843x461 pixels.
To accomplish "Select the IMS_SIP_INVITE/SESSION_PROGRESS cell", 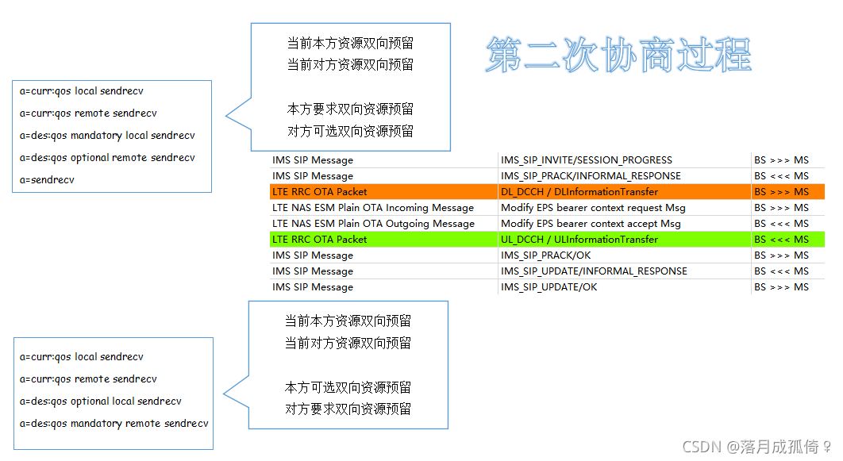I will (586, 160).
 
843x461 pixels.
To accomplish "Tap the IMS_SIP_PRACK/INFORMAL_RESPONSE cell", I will (591, 176).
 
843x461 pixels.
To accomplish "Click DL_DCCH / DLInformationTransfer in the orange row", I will (579, 192).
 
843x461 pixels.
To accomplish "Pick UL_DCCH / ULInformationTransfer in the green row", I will (579, 240).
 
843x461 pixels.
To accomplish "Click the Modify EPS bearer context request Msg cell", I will (592, 208).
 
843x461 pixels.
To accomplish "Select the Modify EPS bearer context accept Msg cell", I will (591, 224).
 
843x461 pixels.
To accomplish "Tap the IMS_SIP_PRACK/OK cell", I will (545, 255).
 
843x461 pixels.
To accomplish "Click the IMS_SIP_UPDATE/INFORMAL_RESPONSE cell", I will (594, 271).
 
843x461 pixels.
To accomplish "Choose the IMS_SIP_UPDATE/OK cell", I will (549, 287).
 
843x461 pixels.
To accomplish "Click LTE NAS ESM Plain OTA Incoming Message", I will (372, 208).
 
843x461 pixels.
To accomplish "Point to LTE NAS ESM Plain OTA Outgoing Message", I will (373, 224).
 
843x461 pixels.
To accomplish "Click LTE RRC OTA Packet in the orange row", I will (319, 192).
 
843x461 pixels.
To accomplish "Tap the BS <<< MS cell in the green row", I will (781, 240).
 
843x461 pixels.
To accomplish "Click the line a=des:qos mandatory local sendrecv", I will (107, 136).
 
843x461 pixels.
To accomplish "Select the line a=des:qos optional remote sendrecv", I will (107, 158).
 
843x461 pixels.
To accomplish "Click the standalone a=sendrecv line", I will (48, 180).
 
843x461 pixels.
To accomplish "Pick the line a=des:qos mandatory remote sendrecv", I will (114, 424).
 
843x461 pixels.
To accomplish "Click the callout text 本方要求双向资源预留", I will (350, 109).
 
